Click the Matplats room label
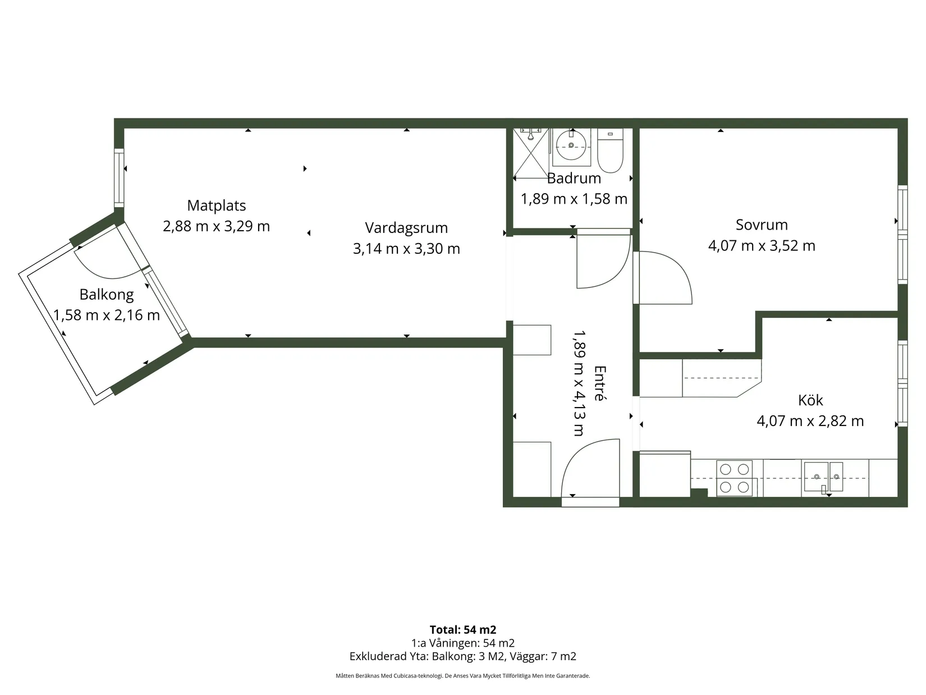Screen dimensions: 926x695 pos(217,205)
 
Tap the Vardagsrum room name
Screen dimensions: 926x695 pos(406,228)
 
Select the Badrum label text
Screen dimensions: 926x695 pos(574,179)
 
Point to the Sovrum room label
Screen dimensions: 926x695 pos(762,225)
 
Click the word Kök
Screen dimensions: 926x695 pos(810,400)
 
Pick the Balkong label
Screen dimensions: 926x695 pos(106,295)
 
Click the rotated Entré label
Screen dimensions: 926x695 pos(599,383)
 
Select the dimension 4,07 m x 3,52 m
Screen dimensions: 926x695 pos(762,245)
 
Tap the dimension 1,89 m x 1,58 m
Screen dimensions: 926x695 pos(574,199)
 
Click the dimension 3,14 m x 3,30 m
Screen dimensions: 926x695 pos(406,249)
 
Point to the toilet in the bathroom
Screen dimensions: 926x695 pos(610,150)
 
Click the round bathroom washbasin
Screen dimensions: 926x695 pos(571,145)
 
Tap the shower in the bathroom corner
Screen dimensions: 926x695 pos(531,153)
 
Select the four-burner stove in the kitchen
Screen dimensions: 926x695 pos(734,478)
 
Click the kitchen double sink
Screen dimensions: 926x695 pos(823,477)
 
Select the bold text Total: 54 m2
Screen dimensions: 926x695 pos(463,629)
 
